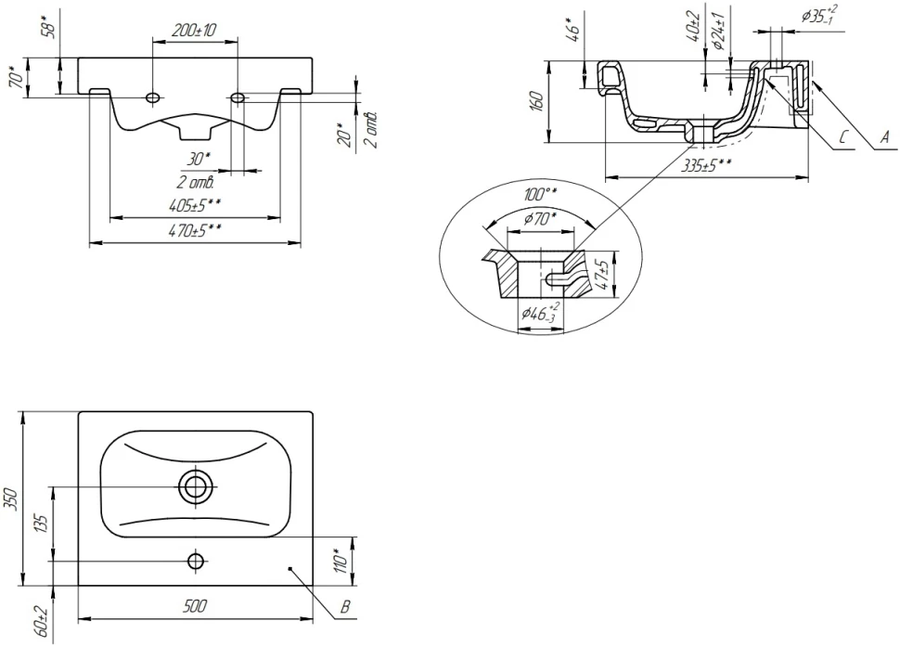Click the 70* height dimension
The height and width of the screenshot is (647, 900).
pyautogui.click(x=16, y=76)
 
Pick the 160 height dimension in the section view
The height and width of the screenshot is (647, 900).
pyautogui.click(x=536, y=101)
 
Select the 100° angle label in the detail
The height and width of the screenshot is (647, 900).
pyautogui.click(x=539, y=194)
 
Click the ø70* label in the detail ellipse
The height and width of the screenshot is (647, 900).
pyautogui.click(x=541, y=219)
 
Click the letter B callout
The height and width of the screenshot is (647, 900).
pyautogui.click(x=344, y=609)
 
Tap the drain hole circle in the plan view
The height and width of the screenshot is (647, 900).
pyautogui.click(x=196, y=485)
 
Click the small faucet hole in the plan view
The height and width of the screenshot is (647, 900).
pyautogui.click(x=196, y=561)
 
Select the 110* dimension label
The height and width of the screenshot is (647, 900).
pyautogui.click(x=341, y=560)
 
